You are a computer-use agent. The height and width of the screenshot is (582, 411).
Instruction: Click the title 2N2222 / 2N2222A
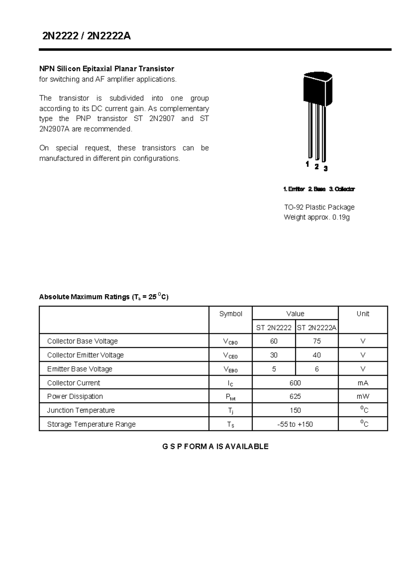pyautogui.click(x=86, y=36)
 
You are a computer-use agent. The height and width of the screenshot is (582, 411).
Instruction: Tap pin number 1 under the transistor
pyautogui.click(x=307, y=164)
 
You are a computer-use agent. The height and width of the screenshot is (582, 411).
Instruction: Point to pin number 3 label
pyautogui.click(x=325, y=169)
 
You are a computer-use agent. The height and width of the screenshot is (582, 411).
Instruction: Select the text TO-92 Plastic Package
pyautogui.click(x=319, y=207)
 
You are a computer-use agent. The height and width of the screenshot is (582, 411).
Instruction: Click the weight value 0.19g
pyautogui.click(x=341, y=217)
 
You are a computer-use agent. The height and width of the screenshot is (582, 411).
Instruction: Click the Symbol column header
pyautogui.click(x=231, y=314)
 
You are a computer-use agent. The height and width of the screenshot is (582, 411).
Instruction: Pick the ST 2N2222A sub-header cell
pyautogui.click(x=316, y=328)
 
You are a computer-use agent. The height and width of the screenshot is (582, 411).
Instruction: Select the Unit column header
pyautogui.click(x=363, y=314)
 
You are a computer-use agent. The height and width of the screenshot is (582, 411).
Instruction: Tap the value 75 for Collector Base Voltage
pyautogui.click(x=316, y=341)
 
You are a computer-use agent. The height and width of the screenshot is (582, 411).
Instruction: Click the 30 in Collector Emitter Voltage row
pyautogui.click(x=274, y=355)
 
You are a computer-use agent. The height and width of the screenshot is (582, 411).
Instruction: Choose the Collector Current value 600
pyautogui.click(x=295, y=383)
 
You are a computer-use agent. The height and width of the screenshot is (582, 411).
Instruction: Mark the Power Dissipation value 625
pyautogui.click(x=295, y=397)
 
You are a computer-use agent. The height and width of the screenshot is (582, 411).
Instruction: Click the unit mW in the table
pyautogui.click(x=363, y=397)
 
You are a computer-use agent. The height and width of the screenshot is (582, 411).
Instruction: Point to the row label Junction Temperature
pyautogui.click(x=81, y=410)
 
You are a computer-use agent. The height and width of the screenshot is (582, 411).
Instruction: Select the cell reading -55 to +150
pyautogui.click(x=295, y=424)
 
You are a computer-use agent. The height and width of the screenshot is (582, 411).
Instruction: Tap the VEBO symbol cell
pyautogui.click(x=231, y=369)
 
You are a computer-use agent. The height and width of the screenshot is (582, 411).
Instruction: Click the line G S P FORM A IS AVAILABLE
pyautogui.click(x=215, y=446)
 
